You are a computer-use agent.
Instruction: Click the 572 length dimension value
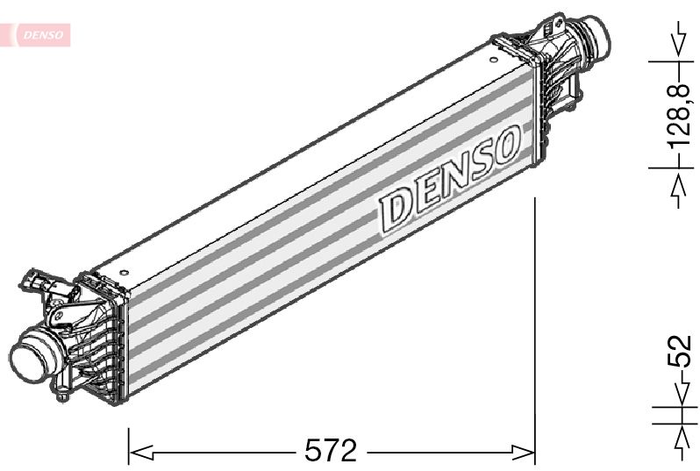point(331,450)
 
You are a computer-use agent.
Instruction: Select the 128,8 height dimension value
point(679,115)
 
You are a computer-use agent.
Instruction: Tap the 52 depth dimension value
point(680,351)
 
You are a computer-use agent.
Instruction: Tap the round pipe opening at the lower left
point(28,356)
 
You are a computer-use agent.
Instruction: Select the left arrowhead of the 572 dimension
point(140,452)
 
